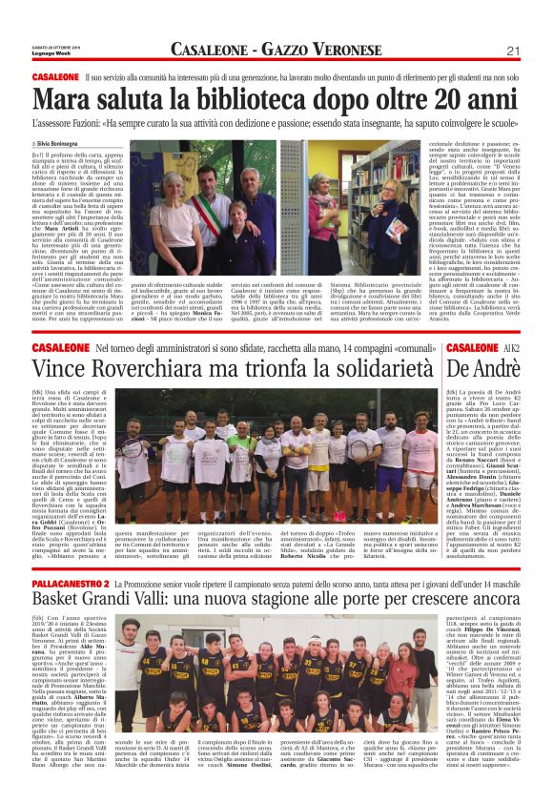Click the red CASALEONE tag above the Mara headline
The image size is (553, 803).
[x=55, y=75]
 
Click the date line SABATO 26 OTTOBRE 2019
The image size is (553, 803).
[x=58, y=48]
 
